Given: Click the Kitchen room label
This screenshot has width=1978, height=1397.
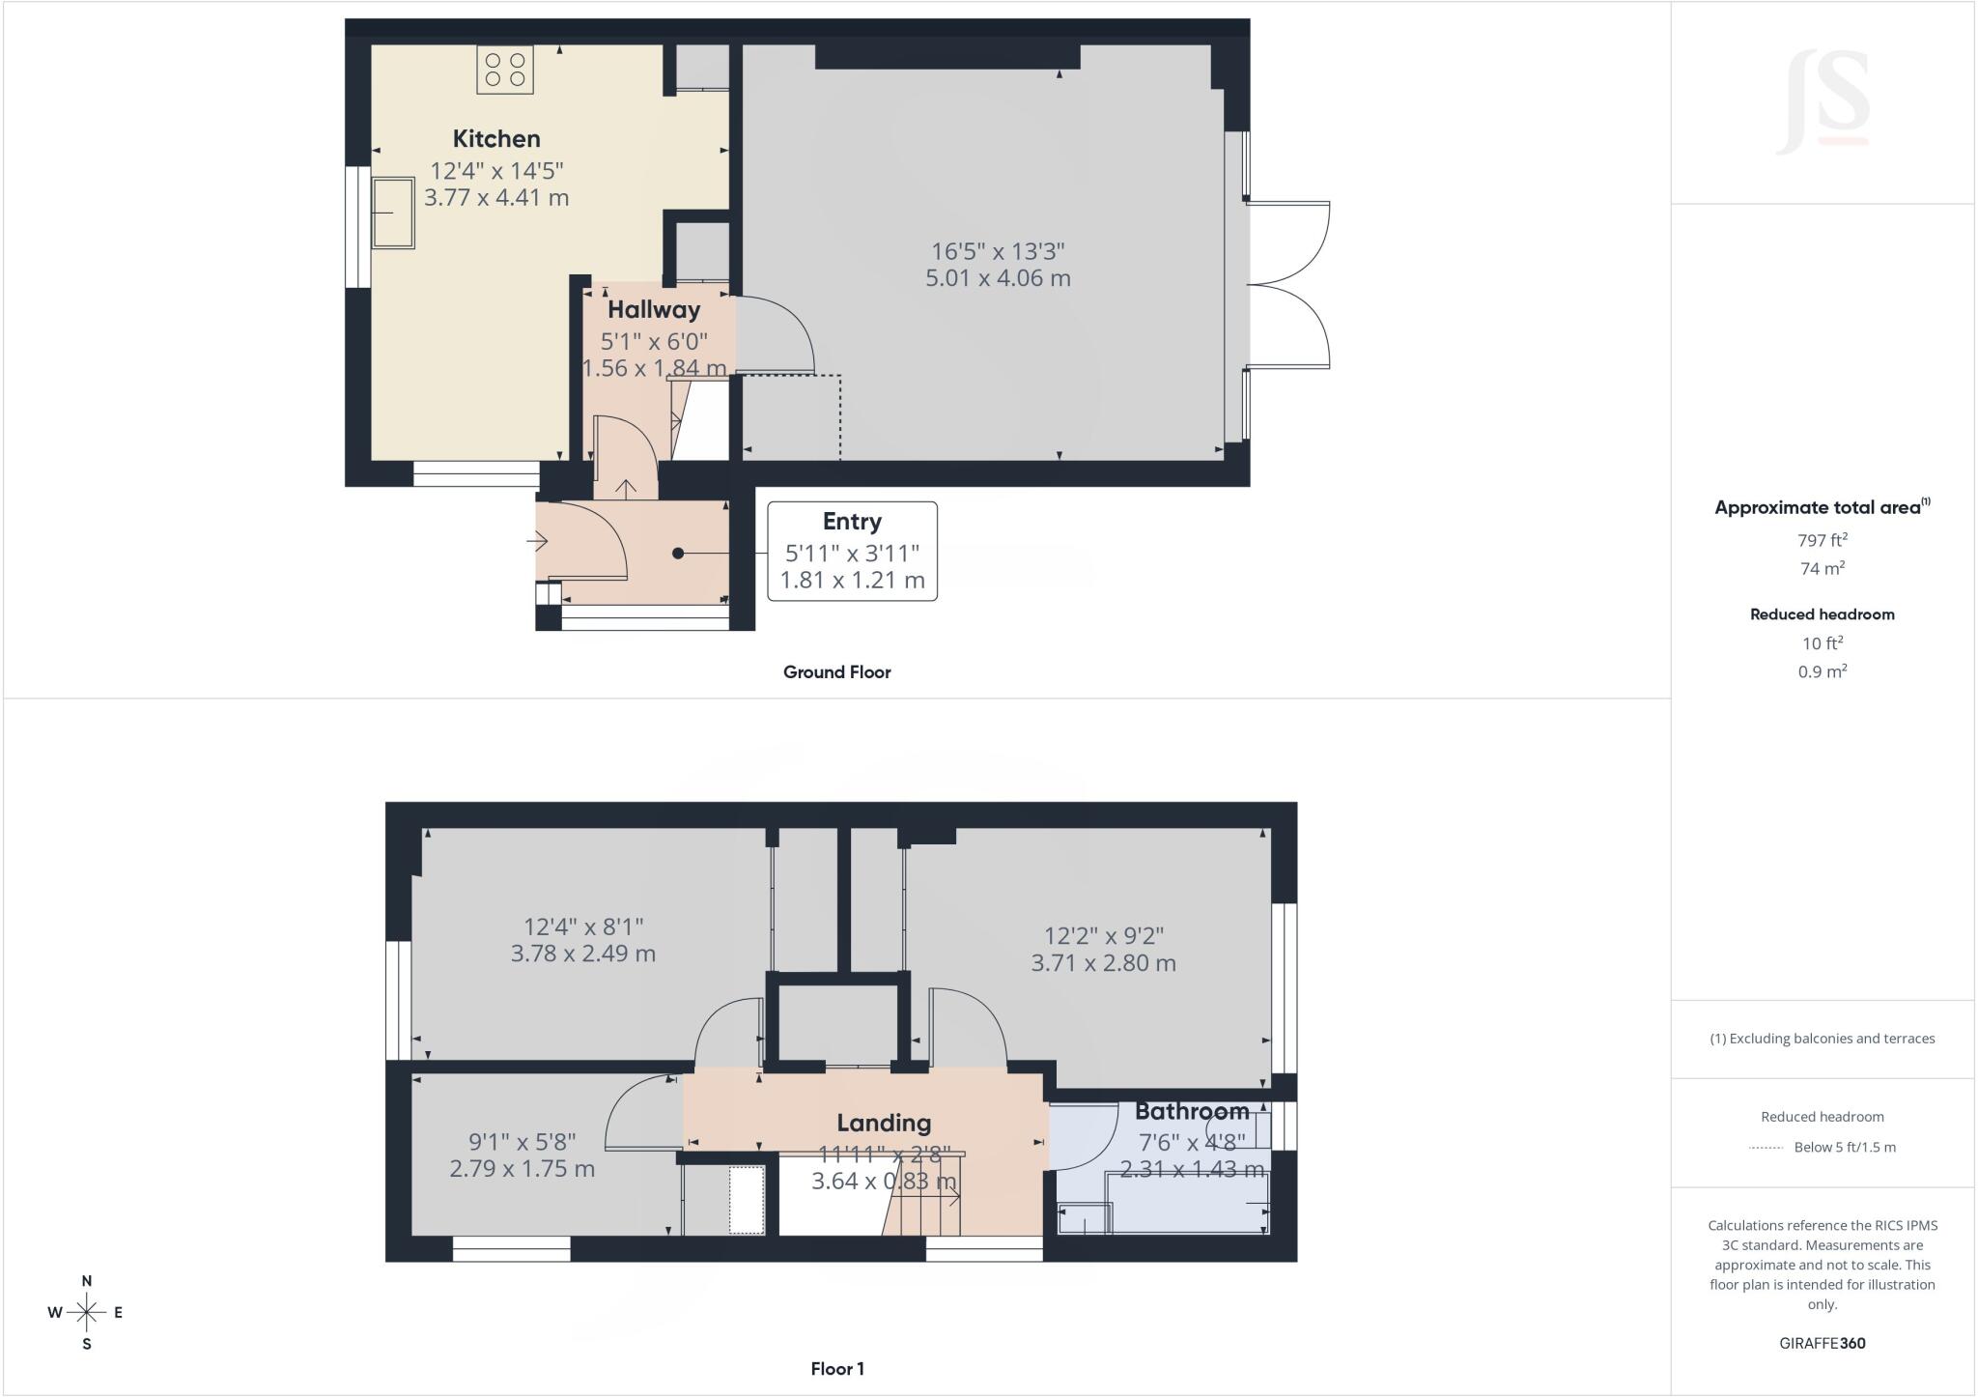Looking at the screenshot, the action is pyautogui.click(x=496, y=138).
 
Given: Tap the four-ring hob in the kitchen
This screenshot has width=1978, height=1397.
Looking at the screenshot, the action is pyautogui.click(x=505, y=69).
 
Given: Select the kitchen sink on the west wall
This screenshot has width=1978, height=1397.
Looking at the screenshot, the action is pyautogui.click(x=393, y=213).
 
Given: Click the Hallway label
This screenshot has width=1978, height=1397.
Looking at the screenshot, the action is pyautogui.click(x=654, y=310).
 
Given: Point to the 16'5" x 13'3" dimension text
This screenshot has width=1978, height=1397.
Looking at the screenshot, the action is pyautogui.click(x=998, y=251).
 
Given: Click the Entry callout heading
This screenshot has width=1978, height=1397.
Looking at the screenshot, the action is pyautogui.click(x=852, y=522).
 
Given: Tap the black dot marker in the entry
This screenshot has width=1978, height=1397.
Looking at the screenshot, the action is pyautogui.click(x=678, y=554).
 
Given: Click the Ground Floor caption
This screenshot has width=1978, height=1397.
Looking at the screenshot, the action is pyautogui.click(x=836, y=672).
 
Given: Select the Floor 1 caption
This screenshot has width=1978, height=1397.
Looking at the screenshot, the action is pyautogui.click(x=837, y=1369).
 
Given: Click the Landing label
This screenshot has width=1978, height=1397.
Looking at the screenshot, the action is pyautogui.click(x=884, y=1123).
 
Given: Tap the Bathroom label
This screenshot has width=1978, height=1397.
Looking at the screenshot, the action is pyautogui.click(x=1192, y=1111).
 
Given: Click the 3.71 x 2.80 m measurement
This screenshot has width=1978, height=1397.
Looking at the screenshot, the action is pyautogui.click(x=1103, y=963).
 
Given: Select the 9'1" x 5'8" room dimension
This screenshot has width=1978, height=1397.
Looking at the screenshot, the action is pyautogui.click(x=523, y=1141).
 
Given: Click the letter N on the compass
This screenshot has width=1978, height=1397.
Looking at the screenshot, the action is pyautogui.click(x=87, y=1281).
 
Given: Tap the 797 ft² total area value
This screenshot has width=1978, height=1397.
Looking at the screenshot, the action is pyautogui.click(x=1822, y=540).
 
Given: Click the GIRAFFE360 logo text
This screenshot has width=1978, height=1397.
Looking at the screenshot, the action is pyautogui.click(x=1822, y=1343).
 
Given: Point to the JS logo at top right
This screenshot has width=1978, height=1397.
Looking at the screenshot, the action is pyautogui.click(x=1823, y=101).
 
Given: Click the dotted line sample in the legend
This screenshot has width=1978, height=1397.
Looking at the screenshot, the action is pyautogui.click(x=1766, y=1148).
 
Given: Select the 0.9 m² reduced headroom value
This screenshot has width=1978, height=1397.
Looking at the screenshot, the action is pyautogui.click(x=1822, y=670).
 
